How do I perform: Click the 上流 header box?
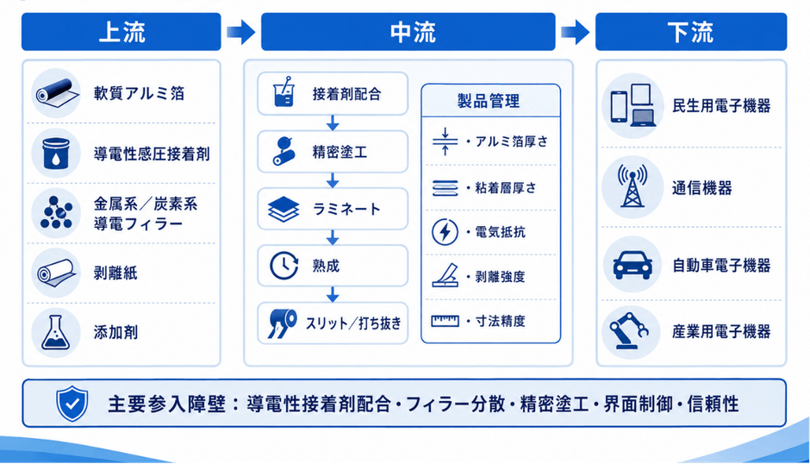121,32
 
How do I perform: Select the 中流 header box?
408,32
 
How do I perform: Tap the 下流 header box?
691,32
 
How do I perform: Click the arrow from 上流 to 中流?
241,32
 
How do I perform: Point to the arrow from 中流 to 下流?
576,32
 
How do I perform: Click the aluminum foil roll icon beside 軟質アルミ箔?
56,93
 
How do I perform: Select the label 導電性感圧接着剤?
152,154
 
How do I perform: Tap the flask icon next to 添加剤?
56,333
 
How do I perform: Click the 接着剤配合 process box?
333,94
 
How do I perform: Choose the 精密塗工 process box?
333,152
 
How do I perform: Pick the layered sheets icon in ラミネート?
283,209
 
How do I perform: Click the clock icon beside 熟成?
283,266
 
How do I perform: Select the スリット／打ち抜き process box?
333,323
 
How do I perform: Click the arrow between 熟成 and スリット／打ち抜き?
333,295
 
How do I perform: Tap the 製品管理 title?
489,101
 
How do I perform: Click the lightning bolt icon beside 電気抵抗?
445,232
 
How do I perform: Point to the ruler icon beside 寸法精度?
445,321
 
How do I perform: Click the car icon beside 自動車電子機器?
632,265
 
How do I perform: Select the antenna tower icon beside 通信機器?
632,186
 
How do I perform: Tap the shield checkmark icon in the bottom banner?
72,404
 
